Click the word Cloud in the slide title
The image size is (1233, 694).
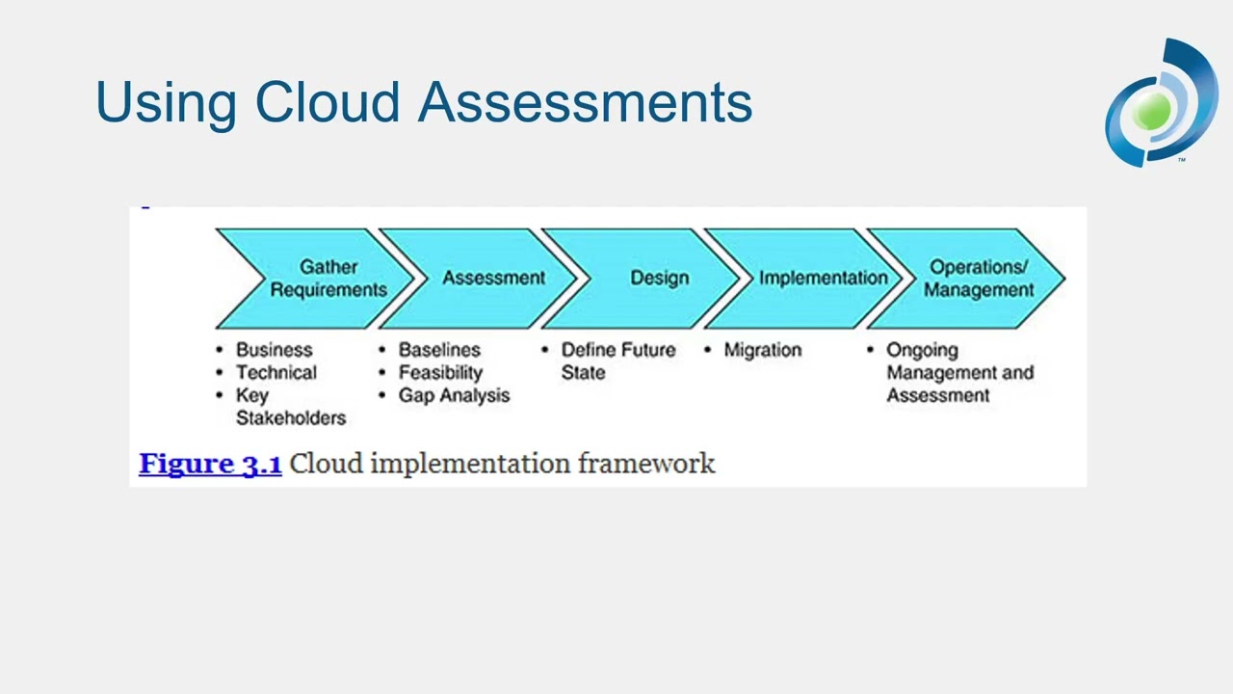[x=327, y=102]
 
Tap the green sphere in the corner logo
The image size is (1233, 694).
[x=1152, y=111]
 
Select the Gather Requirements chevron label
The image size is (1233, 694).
[x=328, y=279]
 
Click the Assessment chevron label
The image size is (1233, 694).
[x=493, y=278]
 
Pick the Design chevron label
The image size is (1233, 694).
[x=659, y=278]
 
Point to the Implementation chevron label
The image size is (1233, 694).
[x=823, y=278]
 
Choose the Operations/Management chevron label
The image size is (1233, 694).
[x=978, y=279]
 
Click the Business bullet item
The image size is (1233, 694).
[x=274, y=350]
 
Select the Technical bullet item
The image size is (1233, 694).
[x=275, y=373]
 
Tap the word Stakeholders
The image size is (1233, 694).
[x=290, y=418]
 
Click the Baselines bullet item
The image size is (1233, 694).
[x=438, y=350]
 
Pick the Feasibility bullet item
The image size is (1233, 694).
[x=440, y=373]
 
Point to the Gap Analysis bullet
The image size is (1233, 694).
[x=454, y=396]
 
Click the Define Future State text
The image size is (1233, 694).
[x=616, y=360]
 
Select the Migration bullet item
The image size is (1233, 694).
[x=762, y=350]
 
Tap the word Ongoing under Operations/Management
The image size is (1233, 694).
[x=922, y=350]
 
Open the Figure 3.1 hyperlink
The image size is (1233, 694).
[x=210, y=464]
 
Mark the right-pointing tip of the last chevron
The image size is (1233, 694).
[x=1062, y=279]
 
